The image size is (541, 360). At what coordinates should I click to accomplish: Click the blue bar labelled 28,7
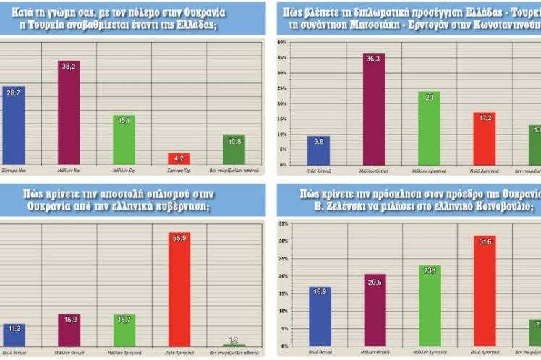coord(14,127)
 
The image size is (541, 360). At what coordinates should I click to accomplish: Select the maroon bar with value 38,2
coord(68,112)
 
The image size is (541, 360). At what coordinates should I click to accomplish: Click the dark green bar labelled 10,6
coord(233,150)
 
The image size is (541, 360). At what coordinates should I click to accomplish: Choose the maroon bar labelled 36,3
coord(374,109)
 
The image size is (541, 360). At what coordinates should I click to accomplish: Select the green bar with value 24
coord(429,128)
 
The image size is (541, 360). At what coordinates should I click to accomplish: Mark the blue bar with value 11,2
coord(14,335)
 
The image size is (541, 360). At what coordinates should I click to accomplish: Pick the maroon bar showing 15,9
coord(68,330)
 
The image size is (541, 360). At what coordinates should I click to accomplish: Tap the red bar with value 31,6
coord(484,288)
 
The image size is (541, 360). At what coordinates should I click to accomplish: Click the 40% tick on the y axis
coord(282,43)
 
